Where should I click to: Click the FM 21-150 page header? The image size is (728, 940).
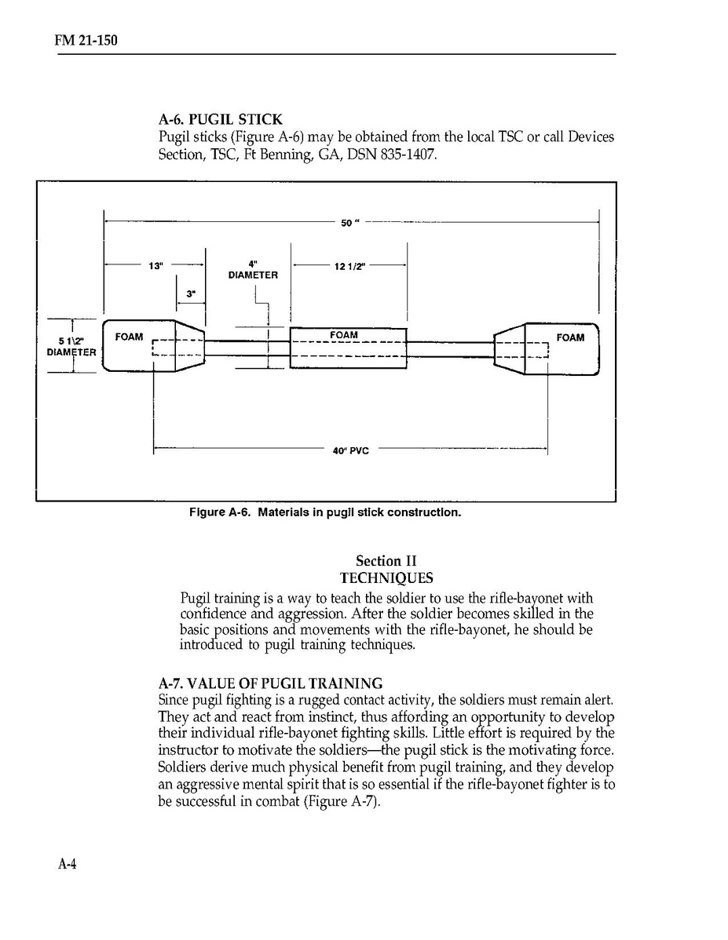tap(75, 40)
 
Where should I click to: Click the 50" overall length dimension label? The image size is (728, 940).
tap(349, 223)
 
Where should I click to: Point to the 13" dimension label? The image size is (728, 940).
tap(155, 265)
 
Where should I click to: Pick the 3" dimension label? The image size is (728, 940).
tap(191, 294)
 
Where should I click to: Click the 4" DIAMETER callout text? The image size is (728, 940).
tap(253, 271)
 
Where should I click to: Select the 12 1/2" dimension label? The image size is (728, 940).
tap(349, 265)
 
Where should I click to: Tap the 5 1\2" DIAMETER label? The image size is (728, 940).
tap(71, 346)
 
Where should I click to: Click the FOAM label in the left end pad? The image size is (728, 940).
tap(129, 337)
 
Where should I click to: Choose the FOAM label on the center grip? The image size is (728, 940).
tap(344, 335)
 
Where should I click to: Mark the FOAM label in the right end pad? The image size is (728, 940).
tap(570, 338)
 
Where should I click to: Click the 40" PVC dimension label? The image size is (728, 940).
tap(351, 450)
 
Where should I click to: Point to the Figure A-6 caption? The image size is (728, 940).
tap(324, 512)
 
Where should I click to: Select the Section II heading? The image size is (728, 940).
tap(386, 561)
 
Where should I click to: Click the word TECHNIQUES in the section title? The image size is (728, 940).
tap(386, 579)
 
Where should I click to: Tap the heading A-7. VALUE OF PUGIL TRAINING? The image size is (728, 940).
tap(270, 683)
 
